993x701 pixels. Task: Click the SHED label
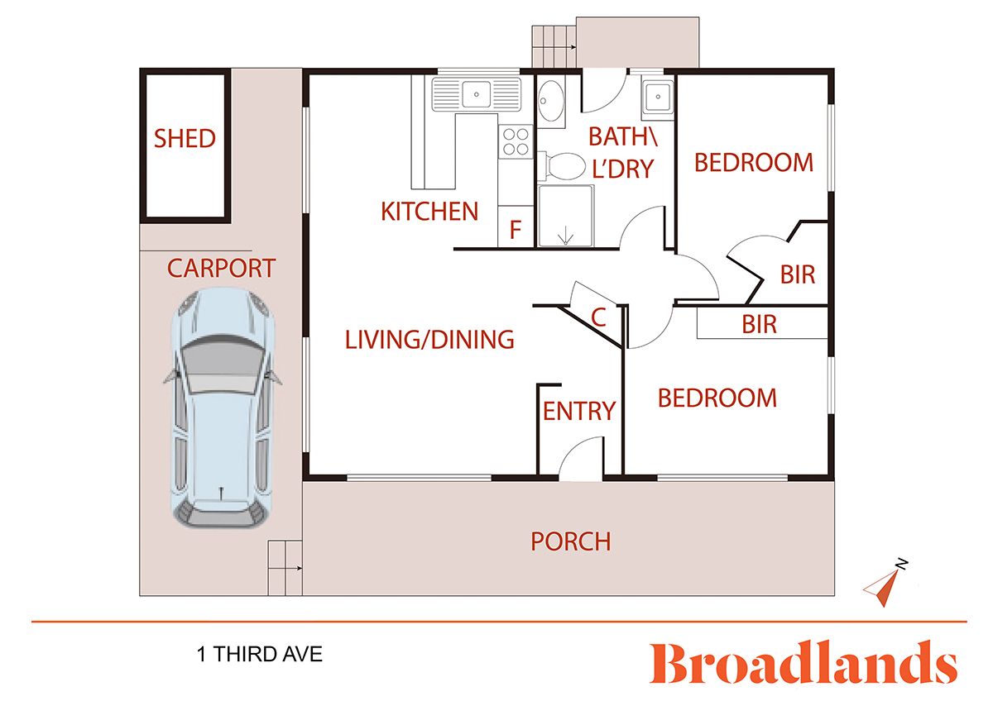[x=185, y=138]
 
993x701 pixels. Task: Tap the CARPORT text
[x=221, y=268]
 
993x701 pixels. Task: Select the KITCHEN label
[x=429, y=212]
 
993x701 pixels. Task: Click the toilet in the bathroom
[x=563, y=166]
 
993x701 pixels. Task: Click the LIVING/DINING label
[x=429, y=339]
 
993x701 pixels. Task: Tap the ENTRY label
[x=578, y=411]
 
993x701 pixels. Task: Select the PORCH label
[x=570, y=541]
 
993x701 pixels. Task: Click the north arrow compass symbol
[x=885, y=580]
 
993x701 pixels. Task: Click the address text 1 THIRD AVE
[x=259, y=656]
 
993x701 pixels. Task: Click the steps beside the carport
[x=285, y=567]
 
